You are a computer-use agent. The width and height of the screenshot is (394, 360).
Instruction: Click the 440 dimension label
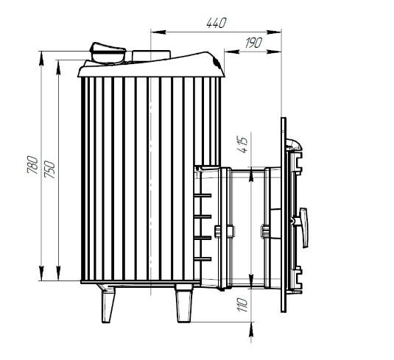217,23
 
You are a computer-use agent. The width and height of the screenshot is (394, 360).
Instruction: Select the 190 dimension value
253,43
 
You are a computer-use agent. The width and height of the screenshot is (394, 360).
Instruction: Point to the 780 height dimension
32,165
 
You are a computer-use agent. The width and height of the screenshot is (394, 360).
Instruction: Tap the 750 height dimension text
49,169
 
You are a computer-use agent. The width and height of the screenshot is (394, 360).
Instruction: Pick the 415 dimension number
242,145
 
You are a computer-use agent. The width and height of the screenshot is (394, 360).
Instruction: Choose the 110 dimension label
242,305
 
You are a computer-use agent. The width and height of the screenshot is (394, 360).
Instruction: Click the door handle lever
304,227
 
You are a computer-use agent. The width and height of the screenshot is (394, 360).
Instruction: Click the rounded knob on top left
108,53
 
